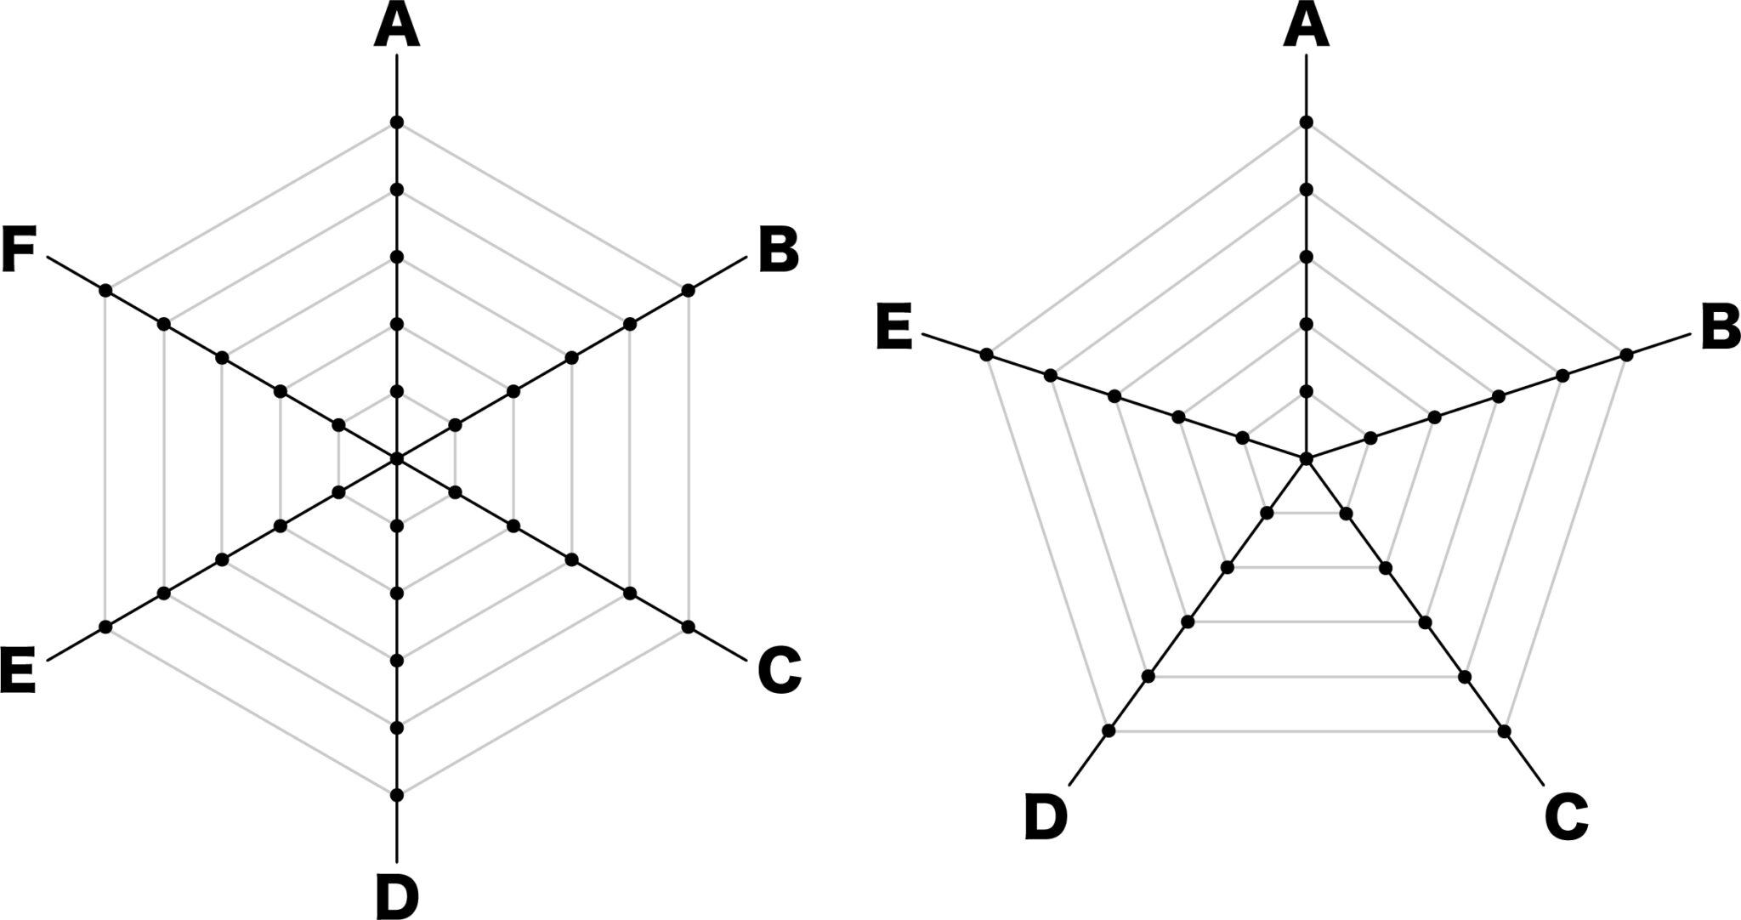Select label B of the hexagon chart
pyautogui.click(x=779, y=251)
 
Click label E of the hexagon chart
pyautogui.click(x=19, y=672)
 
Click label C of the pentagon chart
pyautogui.click(x=1566, y=818)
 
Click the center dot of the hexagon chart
pyautogui.click(x=397, y=459)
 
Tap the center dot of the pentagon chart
pyautogui.click(x=1307, y=459)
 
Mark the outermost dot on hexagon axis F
pyautogui.click(x=105, y=291)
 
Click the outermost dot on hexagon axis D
pyautogui.click(x=397, y=795)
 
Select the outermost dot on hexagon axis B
pyautogui.click(x=689, y=291)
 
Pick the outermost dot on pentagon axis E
pyautogui.click(x=986, y=354)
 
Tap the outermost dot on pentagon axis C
pyautogui.click(x=1505, y=731)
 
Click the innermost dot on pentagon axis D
pyautogui.click(x=1267, y=513)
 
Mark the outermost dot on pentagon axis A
pyautogui.click(x=1307, y=122)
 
